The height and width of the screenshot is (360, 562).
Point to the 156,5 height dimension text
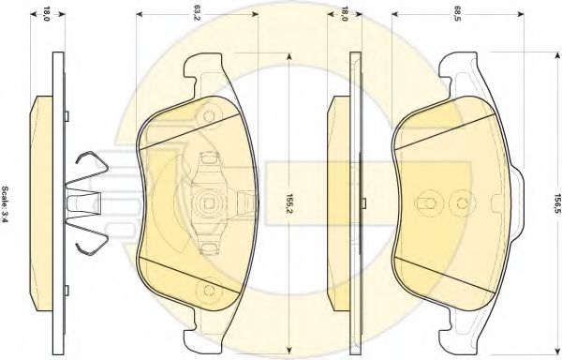[556, 203]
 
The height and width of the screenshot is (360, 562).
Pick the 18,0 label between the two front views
[344, 14]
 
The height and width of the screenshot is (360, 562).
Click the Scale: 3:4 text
[5, 204]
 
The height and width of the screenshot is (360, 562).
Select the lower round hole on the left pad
[208, 290]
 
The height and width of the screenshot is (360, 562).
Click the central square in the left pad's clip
[208, 203]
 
